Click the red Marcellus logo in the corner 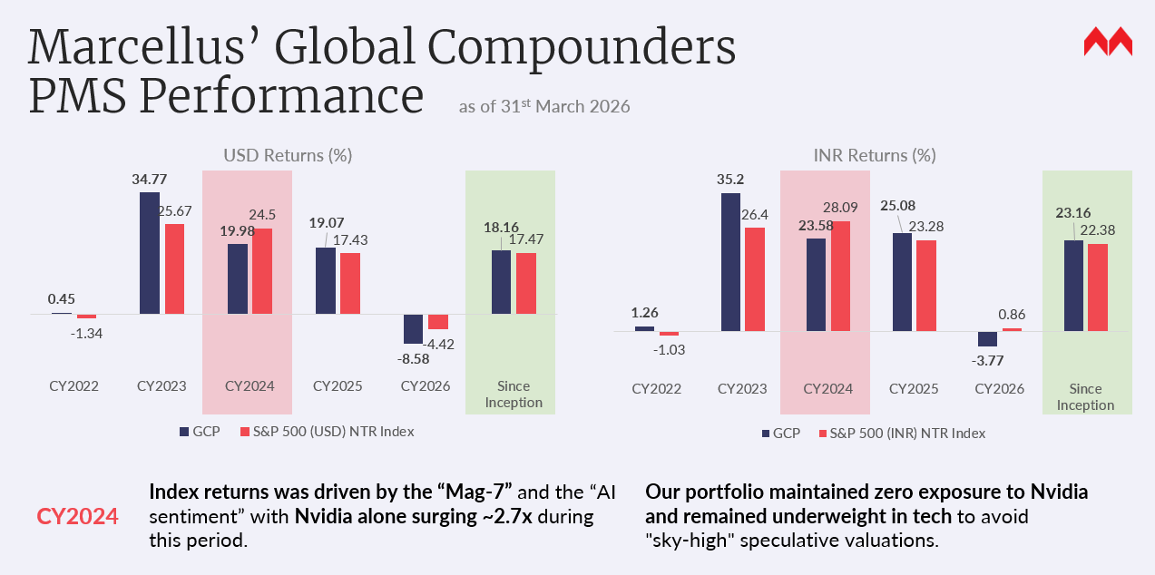(1108, 42)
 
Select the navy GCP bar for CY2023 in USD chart (149, 253)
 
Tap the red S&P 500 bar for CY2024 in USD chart (261, 271)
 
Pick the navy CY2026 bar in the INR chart (987, 338)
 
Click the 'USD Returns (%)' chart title (288, 155)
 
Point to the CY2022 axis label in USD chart (73, 386)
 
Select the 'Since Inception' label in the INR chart (1085, 397)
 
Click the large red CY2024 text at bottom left (77, 516)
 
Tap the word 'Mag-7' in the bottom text (477, 492)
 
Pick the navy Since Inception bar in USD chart (501, 282)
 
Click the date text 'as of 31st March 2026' (544, 106)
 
